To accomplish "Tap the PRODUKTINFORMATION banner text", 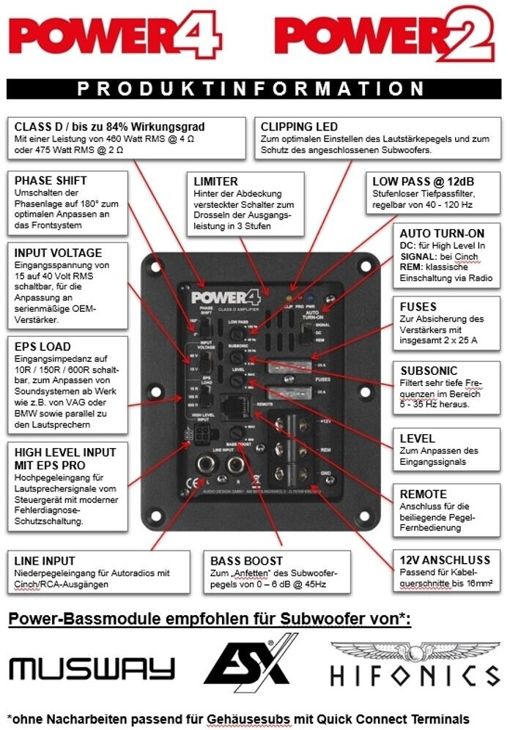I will click(251, 89).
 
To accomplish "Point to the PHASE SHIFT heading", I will click(51, 180).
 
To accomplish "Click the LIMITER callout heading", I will click(216, 181).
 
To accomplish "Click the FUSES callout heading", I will click(418, 307).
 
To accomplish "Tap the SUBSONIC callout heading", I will click(427, 370).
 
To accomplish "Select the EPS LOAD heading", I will click(43, 346).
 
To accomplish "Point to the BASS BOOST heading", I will click(246, 561).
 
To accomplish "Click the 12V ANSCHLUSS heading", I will click(440, 560).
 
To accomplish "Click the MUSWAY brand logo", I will click(92, 668).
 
